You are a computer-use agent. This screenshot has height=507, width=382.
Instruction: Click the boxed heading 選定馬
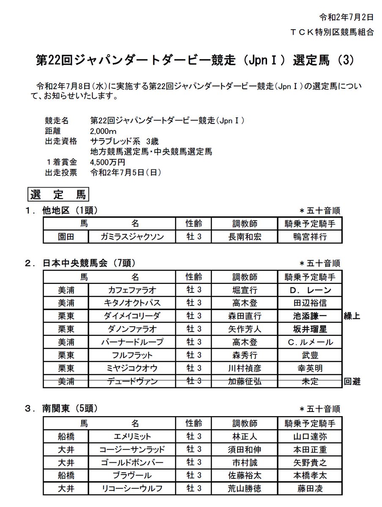pos(58,195)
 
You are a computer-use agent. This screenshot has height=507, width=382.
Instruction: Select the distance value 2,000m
pos(104,131)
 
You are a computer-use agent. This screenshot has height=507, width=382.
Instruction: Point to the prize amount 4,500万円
pos(108,162)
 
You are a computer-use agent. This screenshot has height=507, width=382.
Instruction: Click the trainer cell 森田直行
pos(244,316)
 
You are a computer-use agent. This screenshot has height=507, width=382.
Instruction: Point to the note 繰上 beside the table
pos(352,316)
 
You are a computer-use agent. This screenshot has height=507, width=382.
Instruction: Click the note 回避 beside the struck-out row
pos(352,382)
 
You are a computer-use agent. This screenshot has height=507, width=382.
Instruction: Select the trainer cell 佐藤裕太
pos(244,475)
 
